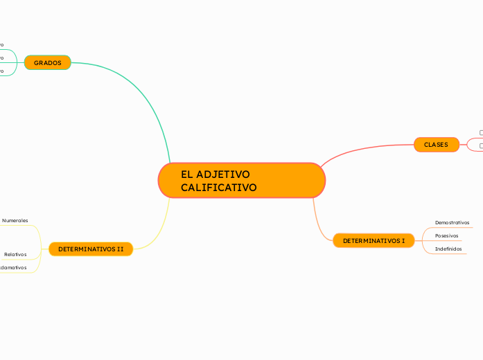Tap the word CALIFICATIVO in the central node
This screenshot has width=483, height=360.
(x=218, y=188)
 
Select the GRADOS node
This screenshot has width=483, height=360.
(x=48, y=63)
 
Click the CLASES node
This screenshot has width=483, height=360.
(x=436, y=145)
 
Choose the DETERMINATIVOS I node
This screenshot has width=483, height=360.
(x=374, y=241)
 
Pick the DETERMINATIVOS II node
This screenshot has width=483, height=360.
(x=91, y=249)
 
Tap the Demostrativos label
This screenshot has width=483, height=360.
(x=452, y=222)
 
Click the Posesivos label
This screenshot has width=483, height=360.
(x=446, y=235)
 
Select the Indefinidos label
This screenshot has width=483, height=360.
(x=448, y=249)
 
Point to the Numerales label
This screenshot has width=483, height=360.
(x=15, y=220)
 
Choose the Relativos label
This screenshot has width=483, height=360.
(x=15, y=254)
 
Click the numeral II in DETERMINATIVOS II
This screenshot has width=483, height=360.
(x=121, y=249)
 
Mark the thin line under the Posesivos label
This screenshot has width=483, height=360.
(x=447, y=241)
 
